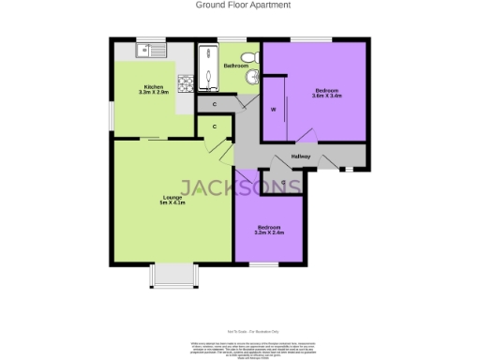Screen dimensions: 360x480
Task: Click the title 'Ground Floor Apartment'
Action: (243, 5)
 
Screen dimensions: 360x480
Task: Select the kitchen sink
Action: (149, 50)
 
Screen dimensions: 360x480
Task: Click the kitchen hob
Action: (186, 83)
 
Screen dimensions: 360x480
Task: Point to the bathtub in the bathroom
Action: (208, 65)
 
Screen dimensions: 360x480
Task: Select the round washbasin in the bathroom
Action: (251, 79)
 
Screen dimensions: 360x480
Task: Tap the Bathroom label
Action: (235, 66)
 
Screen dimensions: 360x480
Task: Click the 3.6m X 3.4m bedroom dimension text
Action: (327, 96)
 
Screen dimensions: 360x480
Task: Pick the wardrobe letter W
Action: (273, 109)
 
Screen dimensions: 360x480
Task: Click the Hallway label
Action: (301, 156)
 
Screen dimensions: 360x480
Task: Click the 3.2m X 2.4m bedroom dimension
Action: (269, 232)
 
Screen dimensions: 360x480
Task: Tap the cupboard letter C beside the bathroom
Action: (215, 104)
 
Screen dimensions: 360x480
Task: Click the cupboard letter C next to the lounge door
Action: (215, 126)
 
